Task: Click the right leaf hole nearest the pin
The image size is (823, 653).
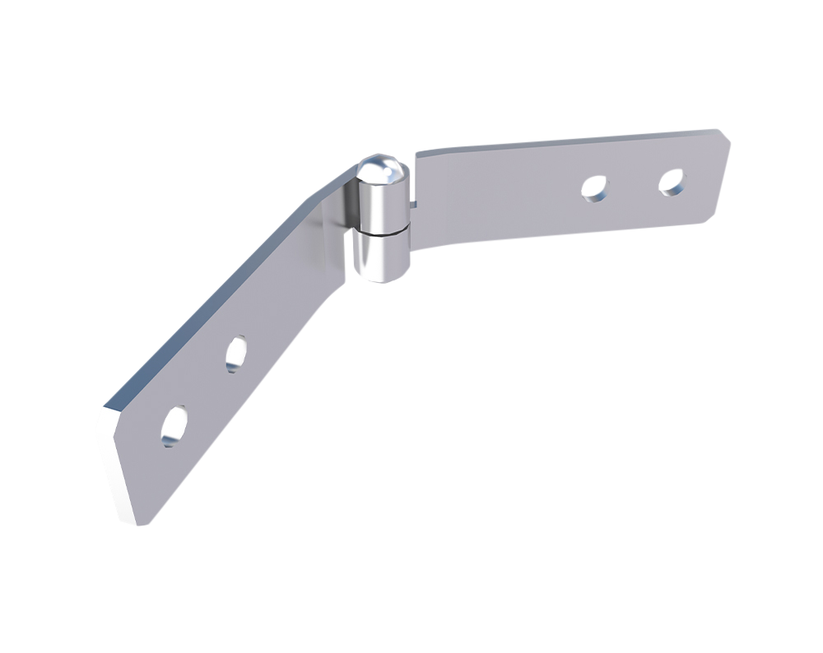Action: click(x=593, y=188)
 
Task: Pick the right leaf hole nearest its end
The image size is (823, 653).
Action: click(x=672, y=183)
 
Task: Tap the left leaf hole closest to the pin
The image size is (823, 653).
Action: click(x=237, y=353)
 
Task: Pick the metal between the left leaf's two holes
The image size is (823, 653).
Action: click(x=206, y=389)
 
